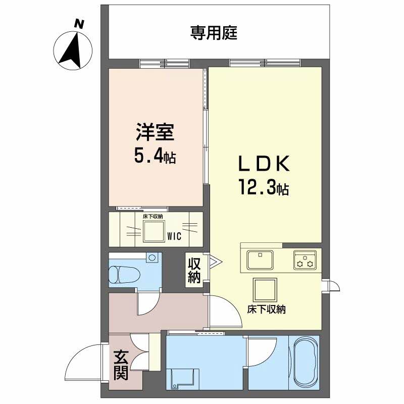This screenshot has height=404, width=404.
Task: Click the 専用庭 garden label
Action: (x=214, y=33)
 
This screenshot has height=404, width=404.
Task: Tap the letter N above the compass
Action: (x=78, y=23)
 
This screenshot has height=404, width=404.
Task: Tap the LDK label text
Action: (x=263, y=165)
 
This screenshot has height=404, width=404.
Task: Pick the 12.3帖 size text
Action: (x=263, y=189)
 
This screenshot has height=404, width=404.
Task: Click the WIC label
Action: (x=173, y=236)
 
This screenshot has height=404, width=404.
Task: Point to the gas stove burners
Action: (x=305, y=261)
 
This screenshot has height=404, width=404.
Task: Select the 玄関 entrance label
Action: (x=120, y=366)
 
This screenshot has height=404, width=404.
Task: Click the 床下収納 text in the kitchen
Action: (x=266, y=310)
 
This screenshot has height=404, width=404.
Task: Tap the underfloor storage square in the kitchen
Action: (x=265, y=289)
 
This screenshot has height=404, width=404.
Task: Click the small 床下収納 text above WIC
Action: (x=153, y=217)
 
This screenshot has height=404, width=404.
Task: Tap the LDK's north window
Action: (x=266, y=64)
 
